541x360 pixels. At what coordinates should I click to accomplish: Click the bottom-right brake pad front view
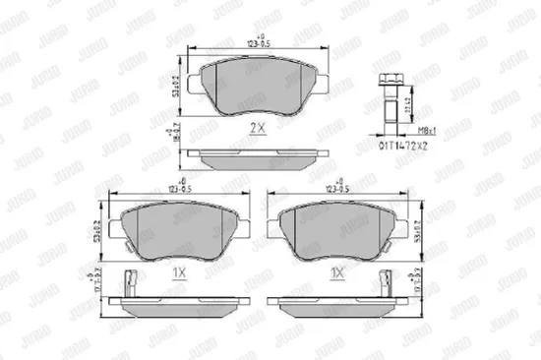point(339,232)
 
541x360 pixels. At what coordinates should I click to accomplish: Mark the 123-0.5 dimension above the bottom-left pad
point(175,187)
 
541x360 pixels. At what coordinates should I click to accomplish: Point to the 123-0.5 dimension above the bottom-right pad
point(339,187)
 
